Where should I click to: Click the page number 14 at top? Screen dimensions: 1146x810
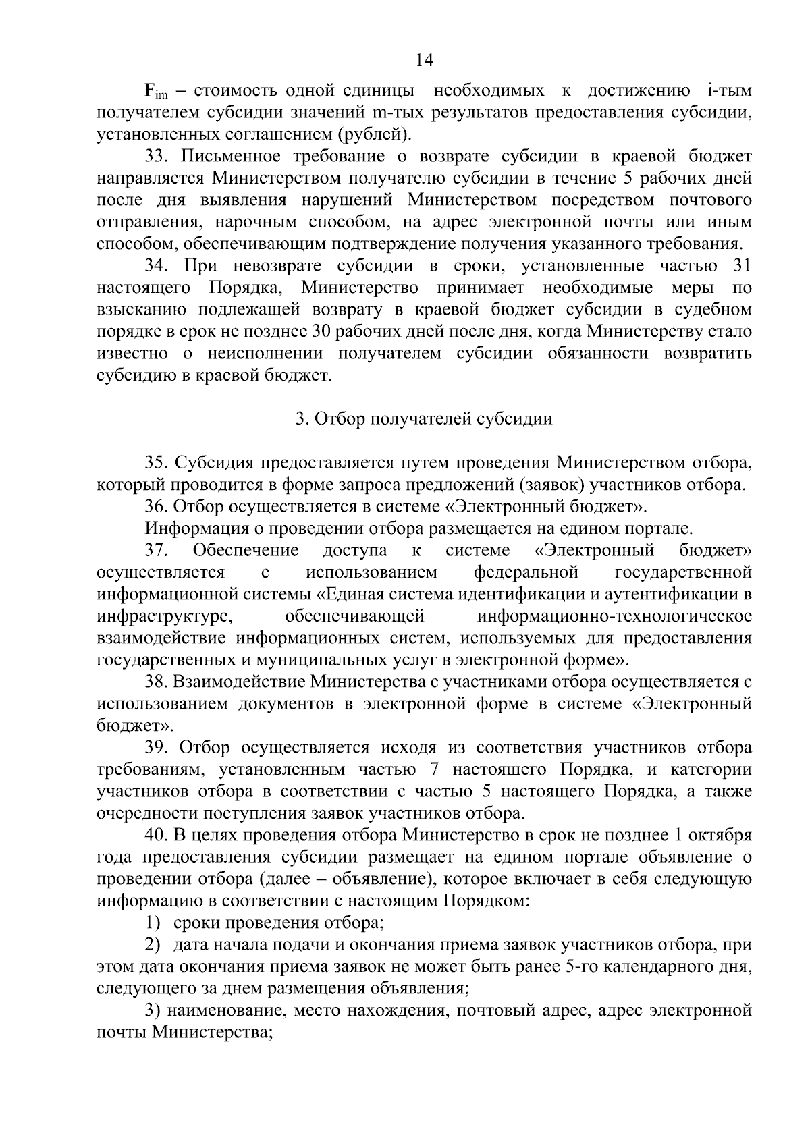tap(424, 60)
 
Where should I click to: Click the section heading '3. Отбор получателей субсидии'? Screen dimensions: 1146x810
tap(424, 419)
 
